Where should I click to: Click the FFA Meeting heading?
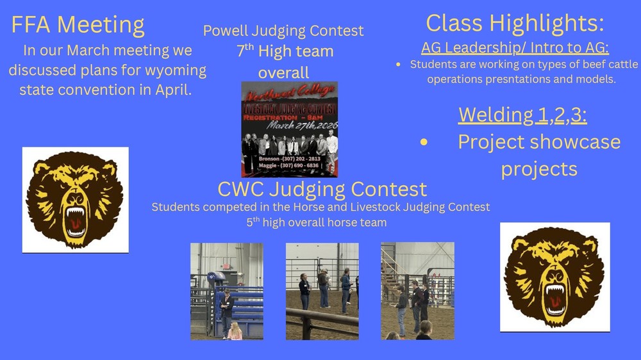pyautogui.click(x=78, y=25)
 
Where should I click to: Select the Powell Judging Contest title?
pyautogui.click(x=283, y=31)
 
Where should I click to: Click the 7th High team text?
pyautogui.click(x=285, y=51)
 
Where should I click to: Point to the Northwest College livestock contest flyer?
pyautogui.click(x=289, y=129)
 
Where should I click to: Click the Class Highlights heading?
pyautogui.click(x=515, y=23)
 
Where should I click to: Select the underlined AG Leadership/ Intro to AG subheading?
pyautogui.click(x=515, y=48)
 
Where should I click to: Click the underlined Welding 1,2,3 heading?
pyautogui.click(x=522, y=115)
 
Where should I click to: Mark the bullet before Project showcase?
pyautogui.click(x=424, y=142)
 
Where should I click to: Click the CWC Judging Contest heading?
pyautogui.click(x=322, y=190)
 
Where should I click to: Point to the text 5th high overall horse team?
pyautogui.click(x=317, y=223)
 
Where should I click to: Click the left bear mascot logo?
pyautogui.click(x=75, y=200)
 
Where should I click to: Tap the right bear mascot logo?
pyautogui.click(x=554, y=277)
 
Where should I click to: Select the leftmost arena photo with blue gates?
pyautogui.click(x=226, y=291)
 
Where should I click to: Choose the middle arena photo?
pyautogui.click(x=322, y=291)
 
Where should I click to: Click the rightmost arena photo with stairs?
pyautogui.click(x=417, y=291)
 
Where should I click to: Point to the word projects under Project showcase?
pyautogui.click(x=538, y=168)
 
